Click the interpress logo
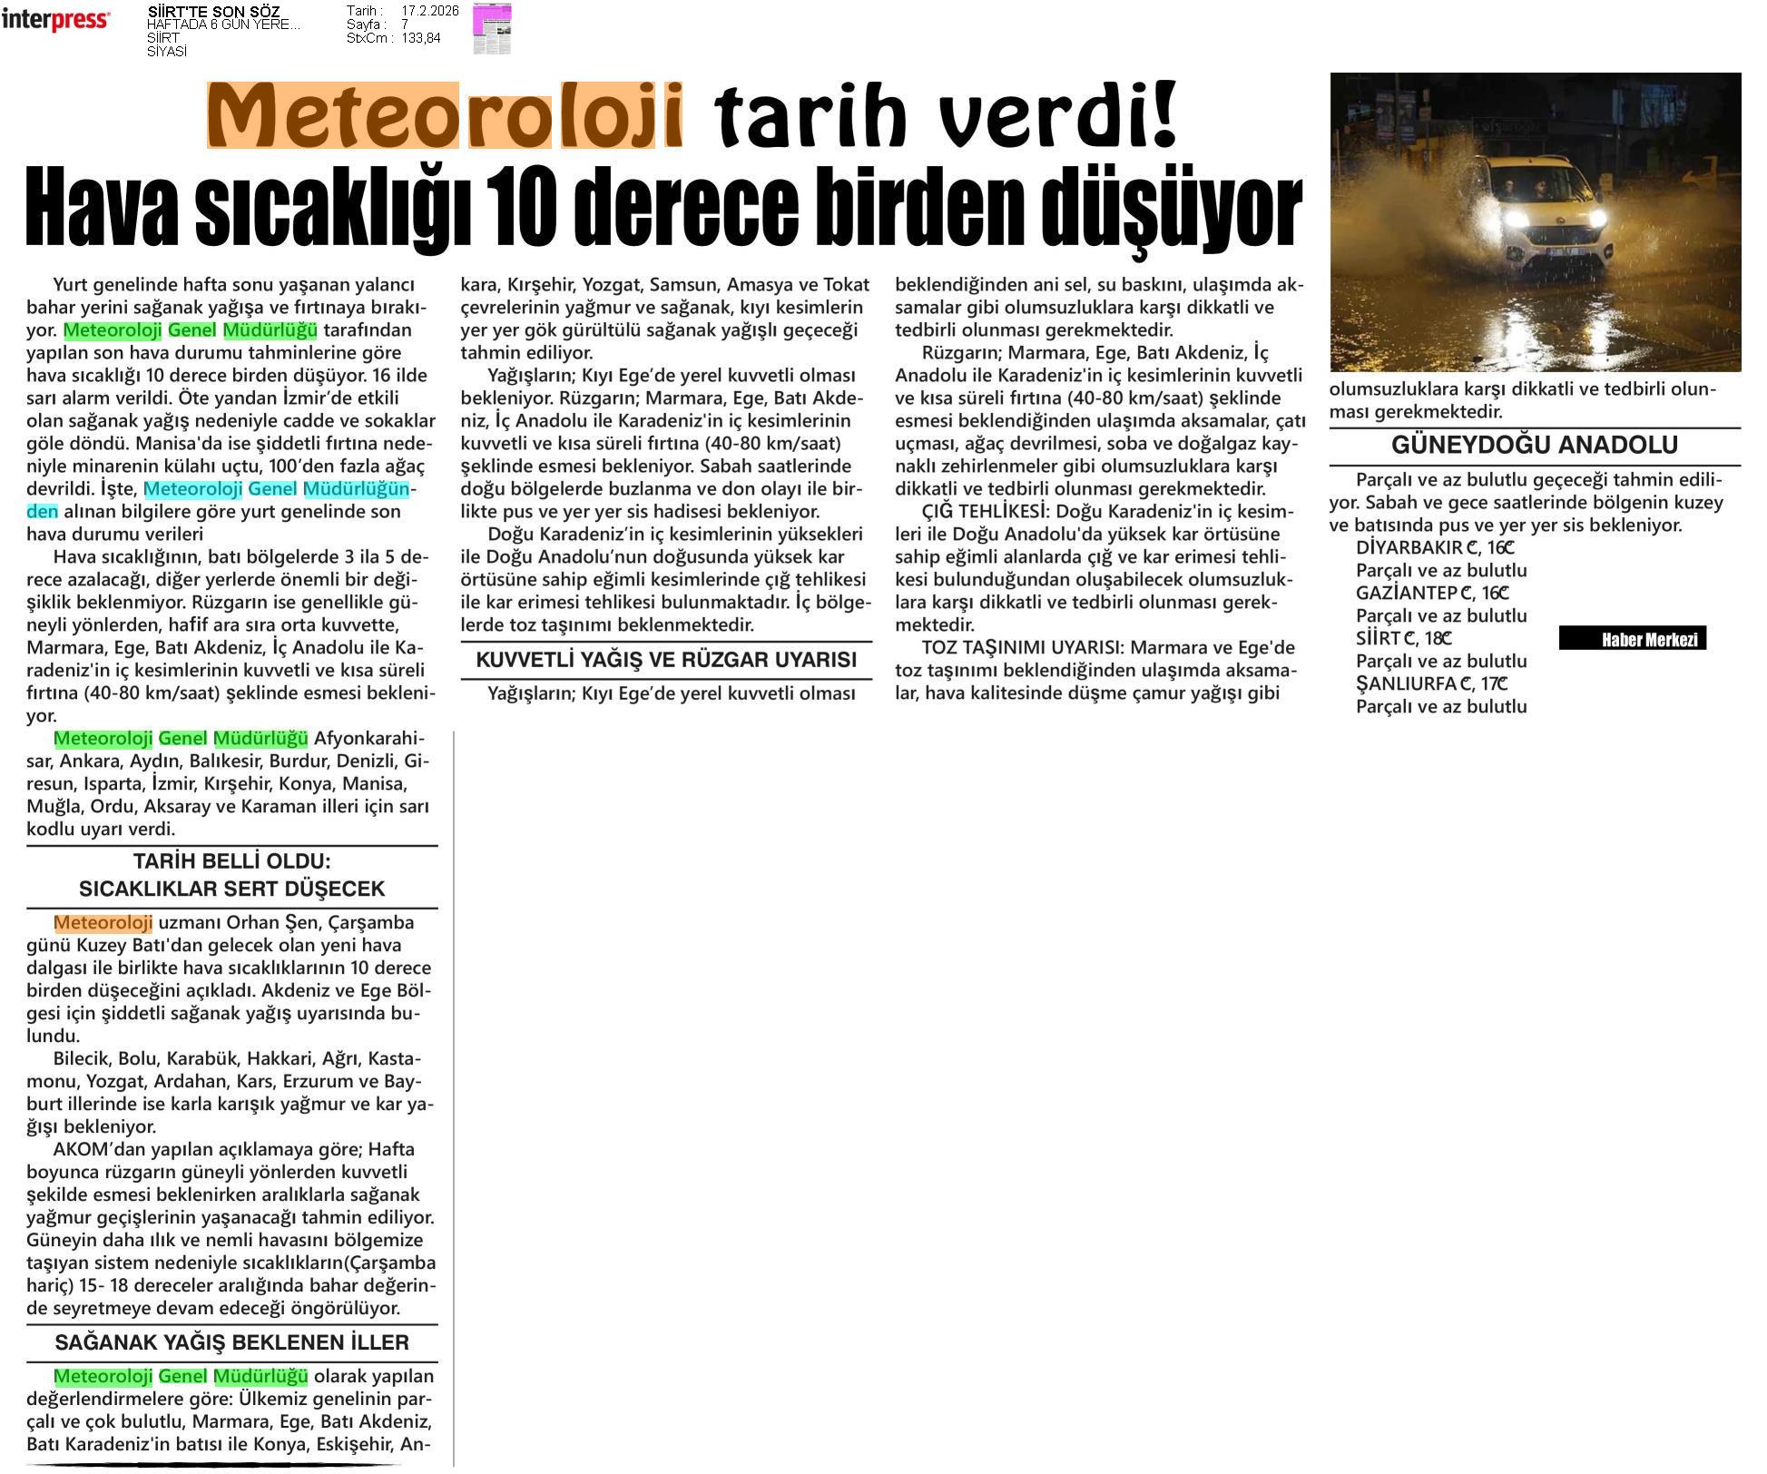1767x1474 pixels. (x=55, y=20)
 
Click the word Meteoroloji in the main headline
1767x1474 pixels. (x=445, y=116)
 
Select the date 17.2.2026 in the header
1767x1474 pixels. (x=429, y=11)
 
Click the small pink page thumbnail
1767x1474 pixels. (x=491, y=28)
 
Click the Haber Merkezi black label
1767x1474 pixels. (x=1632, y=639)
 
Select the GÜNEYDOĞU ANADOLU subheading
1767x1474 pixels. (x=1535, y=445)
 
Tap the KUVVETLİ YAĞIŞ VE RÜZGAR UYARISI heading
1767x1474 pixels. (x=666, y=660)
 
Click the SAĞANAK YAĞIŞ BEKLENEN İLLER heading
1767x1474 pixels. (x=231, y=1341)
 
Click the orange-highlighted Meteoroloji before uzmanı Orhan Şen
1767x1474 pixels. (x=103, y=922)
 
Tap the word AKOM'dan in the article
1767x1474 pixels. (x=93, y=1149)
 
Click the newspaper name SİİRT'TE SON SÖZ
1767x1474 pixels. (x=213, y=12)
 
